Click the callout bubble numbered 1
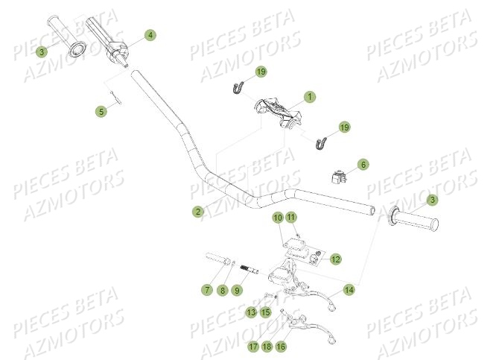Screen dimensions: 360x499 (310, 97)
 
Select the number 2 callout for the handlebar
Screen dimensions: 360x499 (197, 212)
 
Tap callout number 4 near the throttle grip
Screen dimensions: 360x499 (150, 35)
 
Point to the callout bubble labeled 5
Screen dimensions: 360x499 (101, 111)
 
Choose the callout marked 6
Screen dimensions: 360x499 (363, 164)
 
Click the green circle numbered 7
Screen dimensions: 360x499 (206, 289)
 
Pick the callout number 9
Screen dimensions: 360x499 (237, 289)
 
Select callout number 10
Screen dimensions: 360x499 (277, 218)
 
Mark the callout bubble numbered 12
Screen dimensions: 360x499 (336, 259)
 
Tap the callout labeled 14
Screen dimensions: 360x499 (348, 289)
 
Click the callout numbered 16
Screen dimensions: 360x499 (281, 347)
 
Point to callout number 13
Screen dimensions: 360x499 (252, 312)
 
